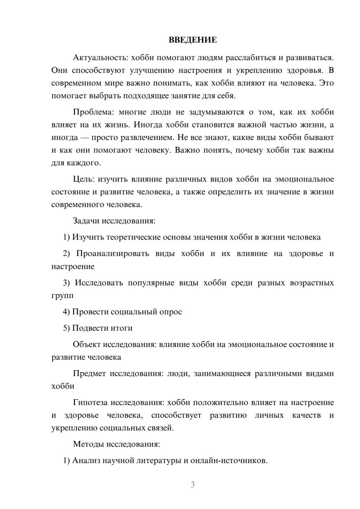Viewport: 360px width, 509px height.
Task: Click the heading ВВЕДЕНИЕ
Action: click(x=193, y=40)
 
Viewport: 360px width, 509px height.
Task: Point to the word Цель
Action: click(x=83, y=179)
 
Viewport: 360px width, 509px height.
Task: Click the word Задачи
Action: click(x=86, y=221)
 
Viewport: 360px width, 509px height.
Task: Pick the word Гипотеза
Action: click(x=90, y=402)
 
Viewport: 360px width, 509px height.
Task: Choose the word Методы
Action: click(x=88, y=444)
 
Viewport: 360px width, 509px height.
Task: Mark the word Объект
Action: click(x=87, y=344)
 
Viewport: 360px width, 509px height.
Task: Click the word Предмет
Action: click(x=89, y=373)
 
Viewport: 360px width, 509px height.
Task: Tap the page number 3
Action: click(x=193, y=485)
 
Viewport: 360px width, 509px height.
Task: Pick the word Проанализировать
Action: click(x=112, y=253)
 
